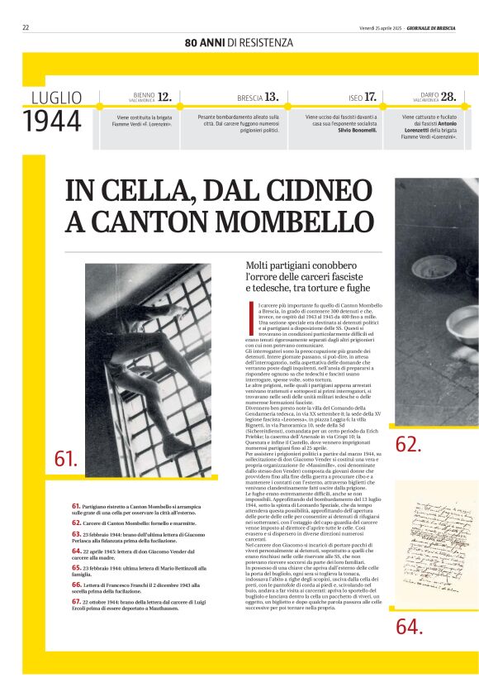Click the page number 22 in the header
26,27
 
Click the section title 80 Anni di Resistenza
239,42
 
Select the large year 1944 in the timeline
53,122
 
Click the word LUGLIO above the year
56,98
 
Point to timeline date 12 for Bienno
165,97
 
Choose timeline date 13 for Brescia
271,97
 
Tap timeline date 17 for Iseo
370,97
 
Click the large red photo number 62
408,445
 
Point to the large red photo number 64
408,627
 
